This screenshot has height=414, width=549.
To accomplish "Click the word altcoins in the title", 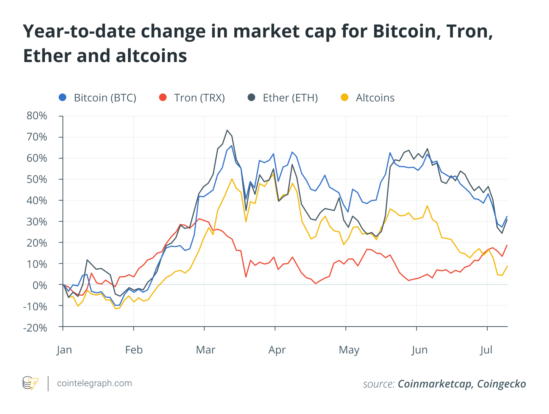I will click(x=151, y=56).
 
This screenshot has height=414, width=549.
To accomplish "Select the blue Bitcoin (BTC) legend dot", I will click(x=63, y=98).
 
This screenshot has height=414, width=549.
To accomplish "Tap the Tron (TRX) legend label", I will click(x=199, y=98).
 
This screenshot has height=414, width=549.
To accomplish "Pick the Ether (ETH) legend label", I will click(x=290, y=98).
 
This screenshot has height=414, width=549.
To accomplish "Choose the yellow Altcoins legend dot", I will click(x=345, y=98).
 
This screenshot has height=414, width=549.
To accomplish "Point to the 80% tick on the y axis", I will click(x=37, y=116).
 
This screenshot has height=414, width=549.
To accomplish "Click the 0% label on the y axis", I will click(x=39, y=285).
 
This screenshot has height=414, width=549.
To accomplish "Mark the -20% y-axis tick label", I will click(x=35, y=327).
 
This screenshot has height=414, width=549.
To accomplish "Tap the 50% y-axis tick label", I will click(x=37, y=179).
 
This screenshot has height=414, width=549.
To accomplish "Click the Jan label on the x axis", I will click(x=64, y=350).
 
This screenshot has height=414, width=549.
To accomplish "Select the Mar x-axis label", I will click(x=205, y=350).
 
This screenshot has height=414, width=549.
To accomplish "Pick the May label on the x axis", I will click(x=349, y=350).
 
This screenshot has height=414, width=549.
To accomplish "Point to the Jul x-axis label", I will click(x=486, y=350).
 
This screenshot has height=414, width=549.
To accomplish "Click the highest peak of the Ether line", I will click(x=227, y=130).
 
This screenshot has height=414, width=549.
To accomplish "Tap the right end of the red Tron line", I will click(x=507, y=245).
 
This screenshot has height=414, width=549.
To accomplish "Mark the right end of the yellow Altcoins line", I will click(x=507, y=266).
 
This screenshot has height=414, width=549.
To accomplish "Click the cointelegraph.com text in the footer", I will click(x=94, y=383).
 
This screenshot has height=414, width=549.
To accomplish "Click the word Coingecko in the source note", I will click(x=501, y=384).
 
